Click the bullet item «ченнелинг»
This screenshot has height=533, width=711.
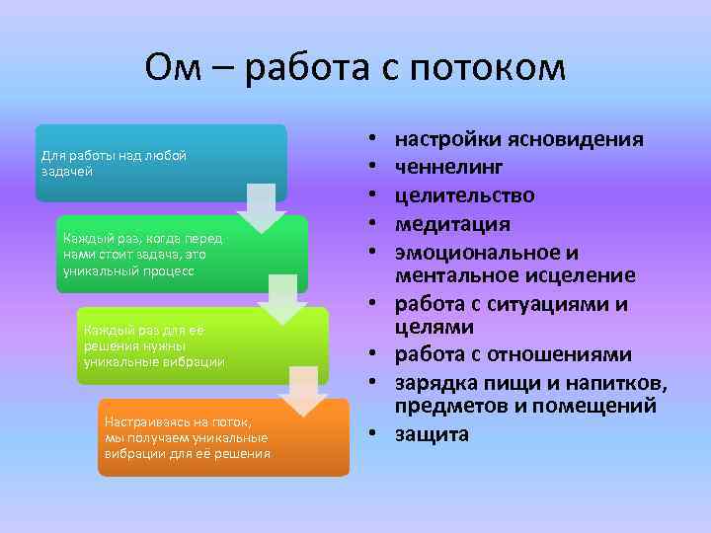448,168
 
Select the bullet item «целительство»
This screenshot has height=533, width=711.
465,196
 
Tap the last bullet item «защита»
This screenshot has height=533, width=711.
432,434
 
